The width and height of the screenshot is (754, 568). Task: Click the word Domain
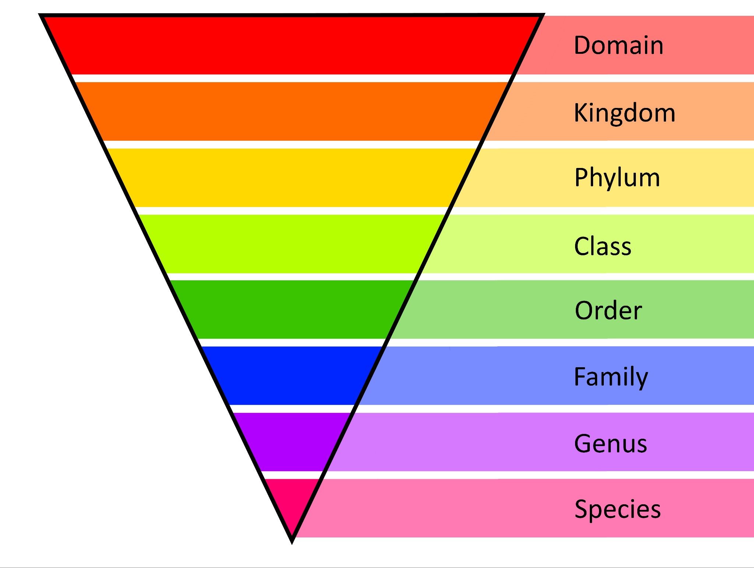pyautogui.click(x=619, y=45)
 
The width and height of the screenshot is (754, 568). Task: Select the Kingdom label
pyautogui.click(x=624, y=112)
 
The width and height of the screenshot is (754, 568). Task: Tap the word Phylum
pyautogui.click(x=617, y=178)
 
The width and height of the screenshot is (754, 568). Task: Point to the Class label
pyautogui.click(x=603, y=246)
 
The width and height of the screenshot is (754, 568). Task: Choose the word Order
pyautogui.click(x=608, y=311)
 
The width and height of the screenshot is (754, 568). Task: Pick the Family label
pyautogui.click(x=611, y=377)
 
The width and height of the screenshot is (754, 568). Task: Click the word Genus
pyautogui.click(x=610, y=443)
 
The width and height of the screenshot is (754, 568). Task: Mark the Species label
pyautogui.click(x=617, y=509)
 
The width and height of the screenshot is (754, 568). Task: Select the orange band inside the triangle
pyautogui.click(x=291, y=111)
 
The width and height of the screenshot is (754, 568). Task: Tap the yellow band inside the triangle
pyautogui.click(x=291, y=178)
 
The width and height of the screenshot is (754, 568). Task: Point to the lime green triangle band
pyautogui.click(x=291, y=244)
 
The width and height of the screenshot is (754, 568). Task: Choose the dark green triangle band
pyautogui.click(x=291, y=309)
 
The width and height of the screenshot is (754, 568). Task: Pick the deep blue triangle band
pyautogui.click(x=291, y=376)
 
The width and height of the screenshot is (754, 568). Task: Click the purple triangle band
pyautogui.click(x=291, y=442)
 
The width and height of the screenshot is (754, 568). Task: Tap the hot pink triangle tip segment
pyautogui.click(x=292, y=501)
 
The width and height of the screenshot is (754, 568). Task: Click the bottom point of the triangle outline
pyautogui.click(x=292, y=541)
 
